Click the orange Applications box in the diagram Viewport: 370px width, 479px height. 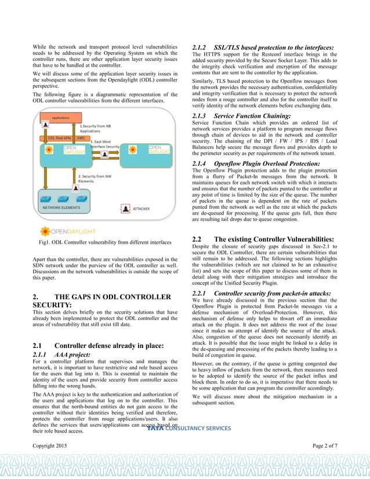click(61, 118)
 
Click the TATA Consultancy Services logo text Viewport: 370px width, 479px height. click(189, 429)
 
